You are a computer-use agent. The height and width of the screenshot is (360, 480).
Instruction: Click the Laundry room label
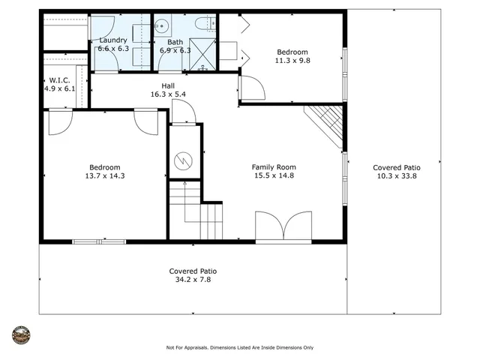click(x=114, y=40)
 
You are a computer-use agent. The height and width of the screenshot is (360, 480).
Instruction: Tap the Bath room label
click(x=175, y=42)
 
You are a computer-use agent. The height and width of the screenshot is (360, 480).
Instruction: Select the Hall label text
click(x=168, y=85)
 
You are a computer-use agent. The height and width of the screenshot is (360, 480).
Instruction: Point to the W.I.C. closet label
click(x=60, y=79)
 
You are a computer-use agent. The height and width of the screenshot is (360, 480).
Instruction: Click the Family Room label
click(x=274, y=167)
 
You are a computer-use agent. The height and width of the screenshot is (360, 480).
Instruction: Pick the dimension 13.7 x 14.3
click(x=104, y=176)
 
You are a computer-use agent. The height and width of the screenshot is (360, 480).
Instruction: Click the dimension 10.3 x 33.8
click(x=398, y=177)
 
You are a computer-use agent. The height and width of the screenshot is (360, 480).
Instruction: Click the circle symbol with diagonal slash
click(x=184, y=160)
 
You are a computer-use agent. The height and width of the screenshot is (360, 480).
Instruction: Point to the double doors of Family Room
click(x=283, y=226)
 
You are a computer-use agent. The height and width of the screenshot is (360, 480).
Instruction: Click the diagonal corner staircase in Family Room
click(x=326, y=124)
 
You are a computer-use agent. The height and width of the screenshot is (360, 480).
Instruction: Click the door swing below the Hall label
click(x=183, y=112)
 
